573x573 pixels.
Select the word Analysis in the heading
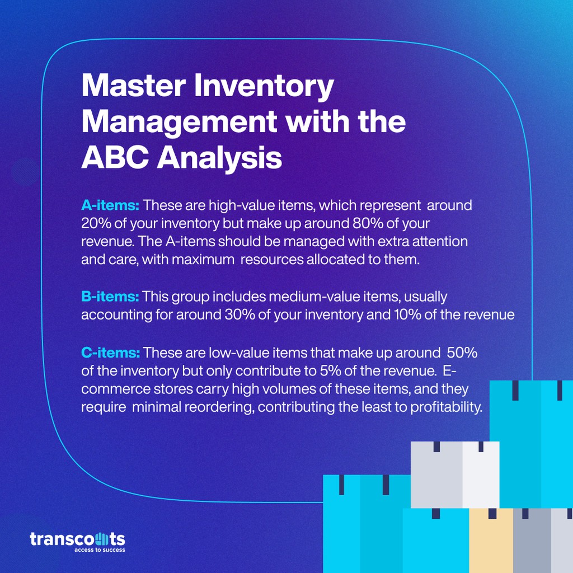(x=219, y=158)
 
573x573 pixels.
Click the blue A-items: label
(x=110, y=205)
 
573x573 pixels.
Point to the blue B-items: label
(x=110, y=296)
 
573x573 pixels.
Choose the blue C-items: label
(x=110, y=353)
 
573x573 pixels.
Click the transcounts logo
(x=77, y=539)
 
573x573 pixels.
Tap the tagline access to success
(x=100, y=550)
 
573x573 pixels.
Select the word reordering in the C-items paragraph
(x=218, y=407)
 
